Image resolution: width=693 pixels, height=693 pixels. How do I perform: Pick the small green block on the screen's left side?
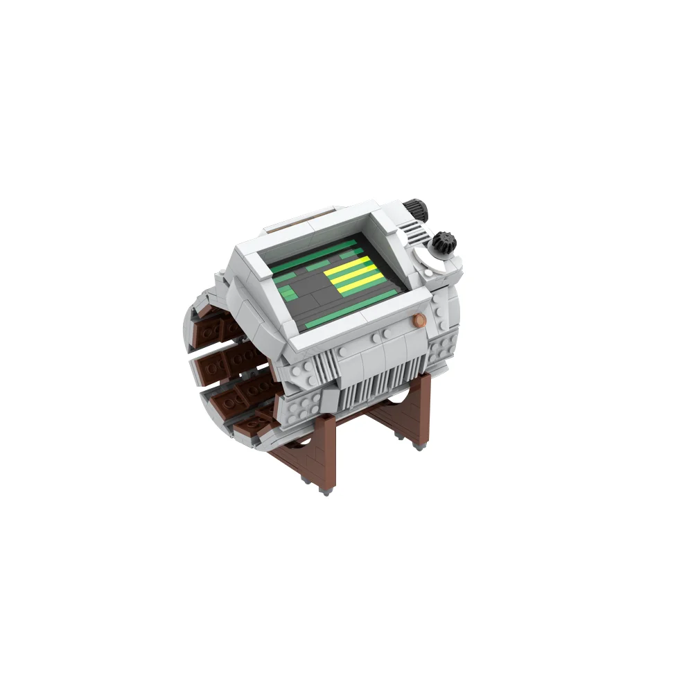click(x=288, y=294)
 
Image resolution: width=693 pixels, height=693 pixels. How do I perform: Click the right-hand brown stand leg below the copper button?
click(x=419, y=409)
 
